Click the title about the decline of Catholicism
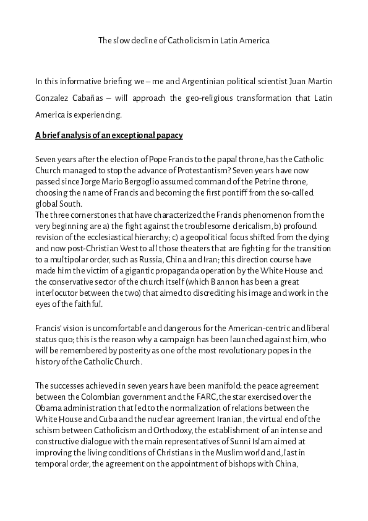[184, 41]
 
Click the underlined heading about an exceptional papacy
[109, 135]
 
